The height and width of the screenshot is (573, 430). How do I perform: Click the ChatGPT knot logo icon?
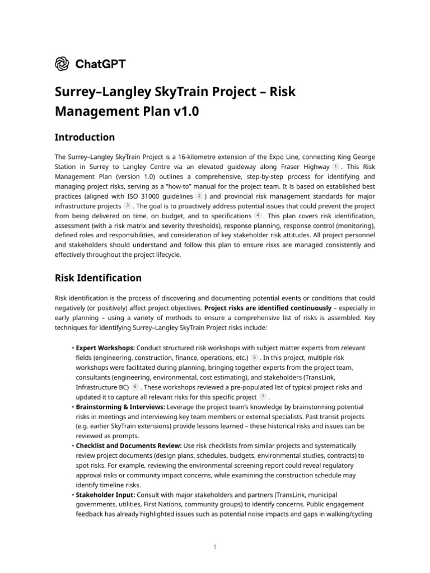click(x=62, y=64)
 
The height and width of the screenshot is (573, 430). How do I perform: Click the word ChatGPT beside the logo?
click(x=100, y=64)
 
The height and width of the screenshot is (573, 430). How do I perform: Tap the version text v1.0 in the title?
click(x=184, y=111)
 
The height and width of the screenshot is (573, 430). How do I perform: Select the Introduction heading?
click(x=85, y=137)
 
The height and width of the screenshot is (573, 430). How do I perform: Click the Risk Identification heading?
click(x=98, y=278)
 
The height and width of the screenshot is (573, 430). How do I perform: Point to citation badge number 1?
click(x=335, y=167)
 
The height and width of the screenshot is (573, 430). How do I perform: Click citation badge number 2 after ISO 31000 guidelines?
click(x=199, y=196)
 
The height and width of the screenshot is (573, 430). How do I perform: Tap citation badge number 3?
click(x=127, y=206)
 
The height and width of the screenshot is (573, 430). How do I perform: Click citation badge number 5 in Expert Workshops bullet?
click(x=255, y=358)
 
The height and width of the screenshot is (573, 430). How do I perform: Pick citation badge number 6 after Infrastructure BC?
click(x=134, y=387)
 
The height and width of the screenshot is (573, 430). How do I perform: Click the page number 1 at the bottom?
click(x=214, y=547)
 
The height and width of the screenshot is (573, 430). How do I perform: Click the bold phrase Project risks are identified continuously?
click(x=268, y=308)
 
